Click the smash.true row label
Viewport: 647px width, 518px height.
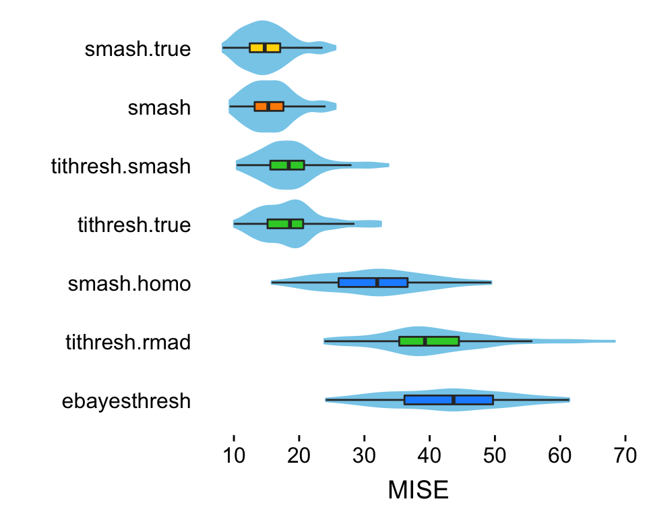(x=137, y=49)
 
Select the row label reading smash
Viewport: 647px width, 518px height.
(x=159, y=108)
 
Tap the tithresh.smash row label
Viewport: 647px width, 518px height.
(x=121, y=167)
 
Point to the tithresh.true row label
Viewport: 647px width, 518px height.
(x=134, y=225)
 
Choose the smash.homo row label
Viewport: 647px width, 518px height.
(x=129, y=284)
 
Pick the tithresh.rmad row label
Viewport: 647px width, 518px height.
(x=128, y=343)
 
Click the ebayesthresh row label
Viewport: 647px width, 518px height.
(x=126, y=402)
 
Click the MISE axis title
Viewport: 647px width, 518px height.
(x=418, y=490)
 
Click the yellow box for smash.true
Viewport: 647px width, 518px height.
(x=265, y=47)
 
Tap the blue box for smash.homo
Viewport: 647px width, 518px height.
(x=373, y=283)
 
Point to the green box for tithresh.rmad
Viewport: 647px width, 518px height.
(x=429, y=341)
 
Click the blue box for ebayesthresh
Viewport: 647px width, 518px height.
(x=448, y=400)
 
